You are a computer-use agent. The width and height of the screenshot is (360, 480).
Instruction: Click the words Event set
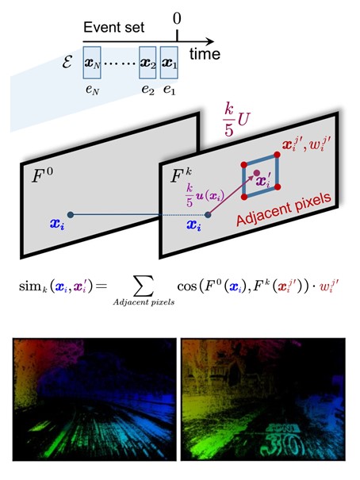tap(113, 27)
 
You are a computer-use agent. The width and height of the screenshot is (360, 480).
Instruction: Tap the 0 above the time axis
tap(177, 18)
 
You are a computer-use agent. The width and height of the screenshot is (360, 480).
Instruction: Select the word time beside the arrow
tap(205, 54)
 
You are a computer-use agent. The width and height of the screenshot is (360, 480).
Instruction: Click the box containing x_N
tap(92, 63)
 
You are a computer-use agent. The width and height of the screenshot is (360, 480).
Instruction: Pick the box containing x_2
tap(147, 63)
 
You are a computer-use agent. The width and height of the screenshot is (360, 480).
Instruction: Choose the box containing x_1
tap(169, 63)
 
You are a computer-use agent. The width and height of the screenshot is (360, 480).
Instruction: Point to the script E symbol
tap(67, 63)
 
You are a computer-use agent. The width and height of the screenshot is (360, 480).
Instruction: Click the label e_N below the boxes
tap(92, 90)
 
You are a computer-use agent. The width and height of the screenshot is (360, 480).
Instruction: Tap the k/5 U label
tap(236, 119)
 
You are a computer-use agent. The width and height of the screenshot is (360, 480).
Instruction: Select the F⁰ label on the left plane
tap(42, 175)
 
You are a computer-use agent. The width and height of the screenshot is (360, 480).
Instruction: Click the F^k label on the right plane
tap(181, 175)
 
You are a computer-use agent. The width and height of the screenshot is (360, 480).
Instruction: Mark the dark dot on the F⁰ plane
tap(71, 215)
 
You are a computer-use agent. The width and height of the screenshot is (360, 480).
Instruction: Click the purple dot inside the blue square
tap(257, 173)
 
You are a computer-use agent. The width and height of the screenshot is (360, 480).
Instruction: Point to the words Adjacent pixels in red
tap(284, 209)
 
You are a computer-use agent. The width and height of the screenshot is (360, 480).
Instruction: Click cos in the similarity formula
tap(186, 287)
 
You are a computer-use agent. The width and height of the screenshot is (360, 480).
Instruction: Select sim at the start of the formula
tap(29, 286)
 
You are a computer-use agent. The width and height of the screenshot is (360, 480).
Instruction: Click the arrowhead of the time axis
tap(210, 41)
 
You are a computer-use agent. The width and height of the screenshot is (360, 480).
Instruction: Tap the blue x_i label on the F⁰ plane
tap(57, 225)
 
